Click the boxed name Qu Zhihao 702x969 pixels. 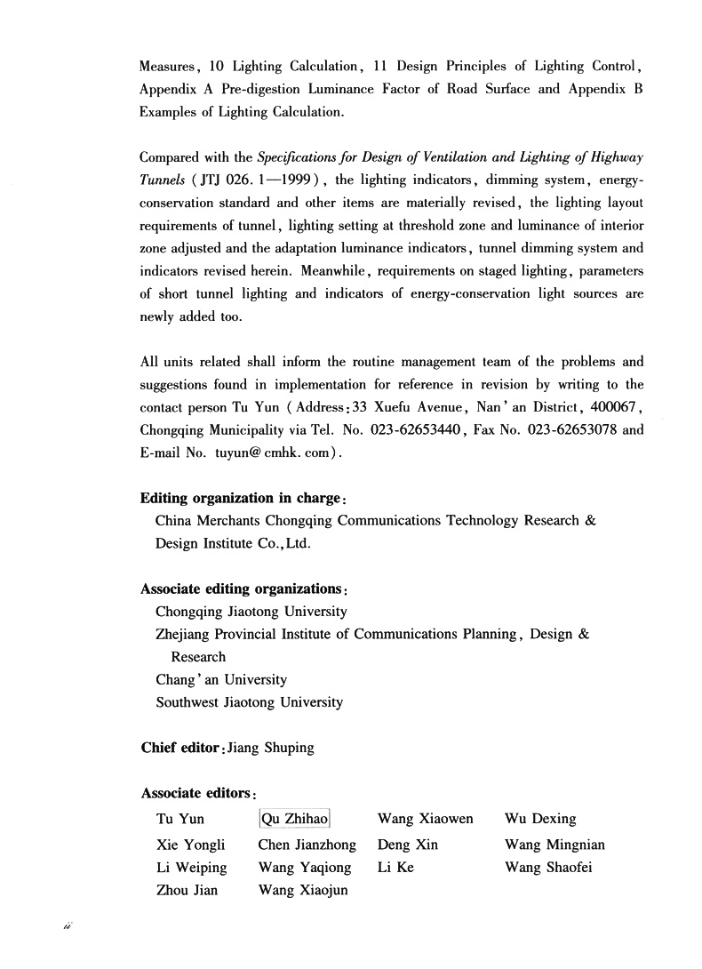(x=293, y=819)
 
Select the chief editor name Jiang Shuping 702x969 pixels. (x=271, y=748)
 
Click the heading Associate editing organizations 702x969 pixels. (x=243, y=589)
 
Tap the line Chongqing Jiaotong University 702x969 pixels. (x=251, y=612)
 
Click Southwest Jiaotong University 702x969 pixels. (x=249, y=702)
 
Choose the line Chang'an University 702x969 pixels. (x=221, y=679)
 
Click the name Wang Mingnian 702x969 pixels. (x=554, y=845)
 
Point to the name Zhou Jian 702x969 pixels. (x=187, y=890)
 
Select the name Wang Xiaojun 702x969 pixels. (x=303, y=890)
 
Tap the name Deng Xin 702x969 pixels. (x=408, y=845)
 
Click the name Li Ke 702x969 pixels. (x=395, y=867)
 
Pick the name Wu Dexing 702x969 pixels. (x=540, y=819)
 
